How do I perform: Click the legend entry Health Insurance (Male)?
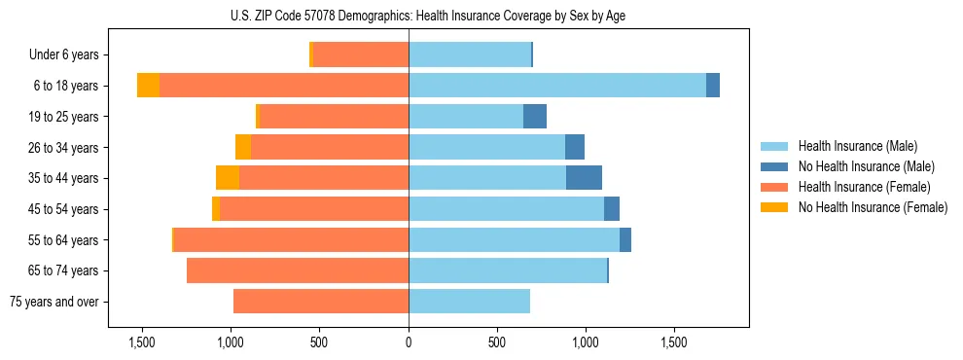pyautogui.click(x=857, y=146)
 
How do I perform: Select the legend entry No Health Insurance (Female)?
pyautogui.click(x=873, y=207)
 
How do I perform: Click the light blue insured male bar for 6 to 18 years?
pyautogui.click(x=556, y=86)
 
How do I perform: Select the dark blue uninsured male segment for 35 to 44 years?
pyautogui.click(x=584, y=178)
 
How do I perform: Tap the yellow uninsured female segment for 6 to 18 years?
pyautogui.click(x=148, y=86)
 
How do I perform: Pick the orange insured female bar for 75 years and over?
pyautogui.click(x=321, y=302)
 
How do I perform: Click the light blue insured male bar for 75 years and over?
pyautogui.click(x=469, y=302)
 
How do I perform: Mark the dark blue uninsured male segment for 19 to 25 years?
pyautogui.click(x=535, y=117)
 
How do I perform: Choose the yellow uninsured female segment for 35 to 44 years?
pyautogui.click(x=228, y=178)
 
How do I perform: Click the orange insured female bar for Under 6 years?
pyautogui.click(x=361, y=55)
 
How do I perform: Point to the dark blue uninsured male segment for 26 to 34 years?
pyautogui.click(x=575, y=147)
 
